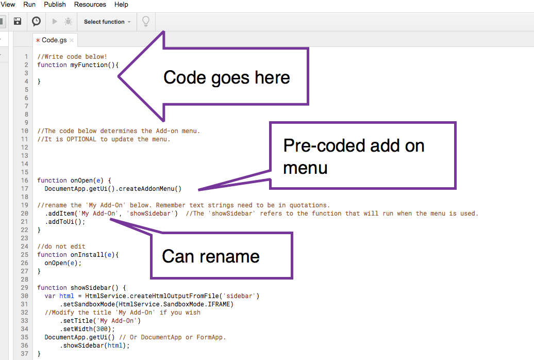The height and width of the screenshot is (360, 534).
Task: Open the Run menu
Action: click(x=29, y=5)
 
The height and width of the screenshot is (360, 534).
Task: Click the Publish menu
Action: click(x=55, y=5)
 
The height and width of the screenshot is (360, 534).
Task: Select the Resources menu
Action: click(x=90, y=5)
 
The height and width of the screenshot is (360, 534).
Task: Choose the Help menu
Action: click(x=121, y=5)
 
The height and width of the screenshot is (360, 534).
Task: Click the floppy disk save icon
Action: click(x=18, y=22)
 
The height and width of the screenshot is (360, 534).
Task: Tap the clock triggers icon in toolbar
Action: click(x=36, y=22)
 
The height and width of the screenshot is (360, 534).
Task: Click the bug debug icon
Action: click(x=68, y=22)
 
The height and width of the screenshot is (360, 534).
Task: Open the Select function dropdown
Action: click(x=107, y=22)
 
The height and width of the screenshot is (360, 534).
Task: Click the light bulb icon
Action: click(x=146, y=22)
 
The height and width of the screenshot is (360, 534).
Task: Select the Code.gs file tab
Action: click(x=54, y=40)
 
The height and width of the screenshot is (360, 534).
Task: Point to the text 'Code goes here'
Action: click(x=226, y=78)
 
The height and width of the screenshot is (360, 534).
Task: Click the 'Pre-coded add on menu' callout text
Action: click(x=354, y=156)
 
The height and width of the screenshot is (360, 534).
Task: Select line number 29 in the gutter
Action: click(x=25, y=288)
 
